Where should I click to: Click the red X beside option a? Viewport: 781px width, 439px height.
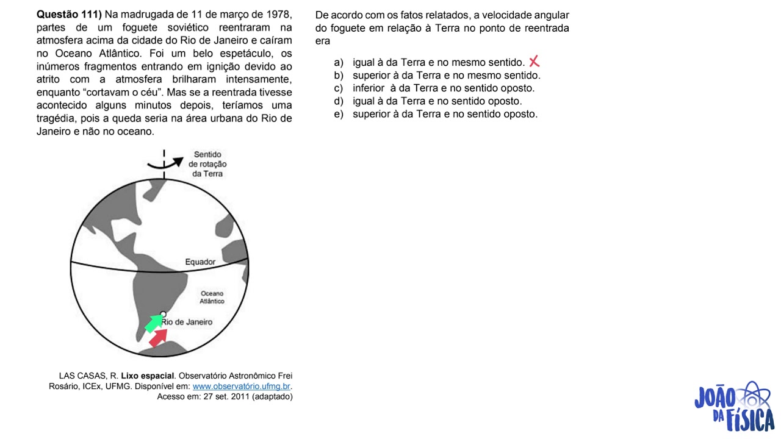pyautogui.click(x=534, y=62)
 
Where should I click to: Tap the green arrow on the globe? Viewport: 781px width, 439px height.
pyautogui.click(x=153, y=323)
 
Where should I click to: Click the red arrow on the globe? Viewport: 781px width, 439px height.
pyautogui.click(x=158, y=338)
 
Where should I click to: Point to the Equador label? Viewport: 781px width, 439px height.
pyautogui.click(x=200, y=262)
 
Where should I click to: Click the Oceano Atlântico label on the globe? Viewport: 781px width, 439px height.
pyautogui.click(x=212, y=297)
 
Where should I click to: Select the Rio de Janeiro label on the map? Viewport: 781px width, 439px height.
pyautogui.click(x=187, y=322)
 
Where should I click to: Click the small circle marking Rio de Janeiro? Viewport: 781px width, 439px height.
pyautogui.click(x=163, y=314)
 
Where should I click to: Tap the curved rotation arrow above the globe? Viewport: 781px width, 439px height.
pyautogui.click(x=165, y=164)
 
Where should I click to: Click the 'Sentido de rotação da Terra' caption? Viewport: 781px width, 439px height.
pyautogui.click(x=207, y=164)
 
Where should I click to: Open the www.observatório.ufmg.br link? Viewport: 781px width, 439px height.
pyautogui.click(x=241, y=387)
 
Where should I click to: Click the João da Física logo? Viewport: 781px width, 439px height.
pyautogui.click(x=734, y=407)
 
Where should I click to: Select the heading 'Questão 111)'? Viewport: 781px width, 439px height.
pyautogui.click(x=69, y=14)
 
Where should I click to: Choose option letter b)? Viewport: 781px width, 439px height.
pyautogui.click(x=339, y=76)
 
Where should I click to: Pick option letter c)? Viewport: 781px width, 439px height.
pyautogui.click(x=339, y=88)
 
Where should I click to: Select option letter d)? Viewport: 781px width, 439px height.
pyautogui.click(x=339, y=101)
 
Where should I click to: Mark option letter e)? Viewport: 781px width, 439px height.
pyautogui.click(x=339, y=114)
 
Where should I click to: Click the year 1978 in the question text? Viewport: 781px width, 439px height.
pyautogui.click(x=279, y=15)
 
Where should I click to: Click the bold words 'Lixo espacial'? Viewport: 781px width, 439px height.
pyautogui.click(x=148, y=376)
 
